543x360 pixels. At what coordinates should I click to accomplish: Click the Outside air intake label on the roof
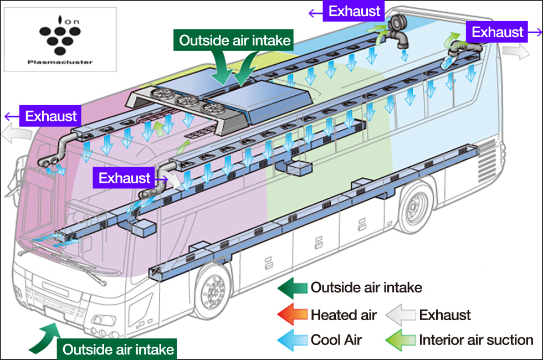(x=235, y=41)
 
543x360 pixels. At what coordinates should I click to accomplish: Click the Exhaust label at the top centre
(x=355, y=11)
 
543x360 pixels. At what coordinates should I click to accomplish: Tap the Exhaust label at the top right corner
(x=498, y=32)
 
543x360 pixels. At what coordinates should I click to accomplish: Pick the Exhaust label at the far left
(x=51, y=116)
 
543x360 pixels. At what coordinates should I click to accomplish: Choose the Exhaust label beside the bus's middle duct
(x=125, y=178)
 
